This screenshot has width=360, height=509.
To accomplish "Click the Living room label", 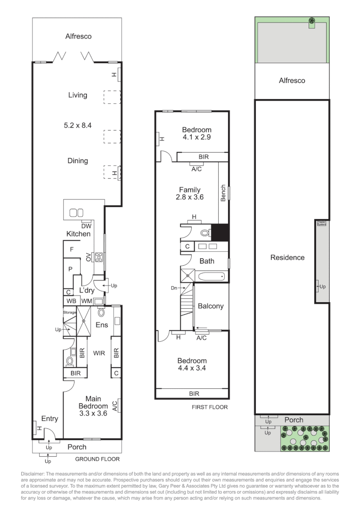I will (78, 95).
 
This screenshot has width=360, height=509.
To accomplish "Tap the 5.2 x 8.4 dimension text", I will (78, 126).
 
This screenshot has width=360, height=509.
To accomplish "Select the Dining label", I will (78, 161).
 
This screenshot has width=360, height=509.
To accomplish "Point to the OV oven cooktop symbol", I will (99, 257).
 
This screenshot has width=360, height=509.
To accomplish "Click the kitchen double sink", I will (76, 213).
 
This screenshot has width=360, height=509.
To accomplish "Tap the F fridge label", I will (72, 249).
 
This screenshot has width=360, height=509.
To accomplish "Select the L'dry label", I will (87, 290).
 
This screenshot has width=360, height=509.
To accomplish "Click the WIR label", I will (98, 353).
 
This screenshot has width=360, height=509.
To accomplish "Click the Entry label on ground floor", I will (49, 419).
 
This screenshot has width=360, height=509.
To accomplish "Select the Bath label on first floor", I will (206, 261).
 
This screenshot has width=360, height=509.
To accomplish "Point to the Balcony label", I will (211, 306).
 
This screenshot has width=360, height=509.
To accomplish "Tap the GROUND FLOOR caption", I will (98, 459).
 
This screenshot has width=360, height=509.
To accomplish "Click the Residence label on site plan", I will (287, 257).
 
